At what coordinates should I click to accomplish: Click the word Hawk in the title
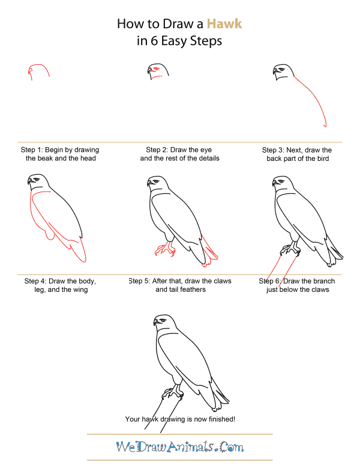(224, 24)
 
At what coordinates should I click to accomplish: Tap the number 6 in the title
(154, 41)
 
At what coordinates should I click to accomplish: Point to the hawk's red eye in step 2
(155, 69)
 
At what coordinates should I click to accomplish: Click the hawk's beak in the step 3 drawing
(274, 71)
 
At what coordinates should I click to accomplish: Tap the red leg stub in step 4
(50, 235)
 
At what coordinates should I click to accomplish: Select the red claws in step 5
(164, 249)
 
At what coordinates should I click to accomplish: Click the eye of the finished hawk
(163, 321)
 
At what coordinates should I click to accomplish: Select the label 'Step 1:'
(32, 150)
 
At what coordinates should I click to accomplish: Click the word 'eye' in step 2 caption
(206, 150)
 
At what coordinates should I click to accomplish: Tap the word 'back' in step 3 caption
(274, 159)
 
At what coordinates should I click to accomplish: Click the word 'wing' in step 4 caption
(80, 289)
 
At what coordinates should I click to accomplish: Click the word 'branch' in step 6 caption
(323, 281)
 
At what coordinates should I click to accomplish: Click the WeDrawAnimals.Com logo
(180, 447)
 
